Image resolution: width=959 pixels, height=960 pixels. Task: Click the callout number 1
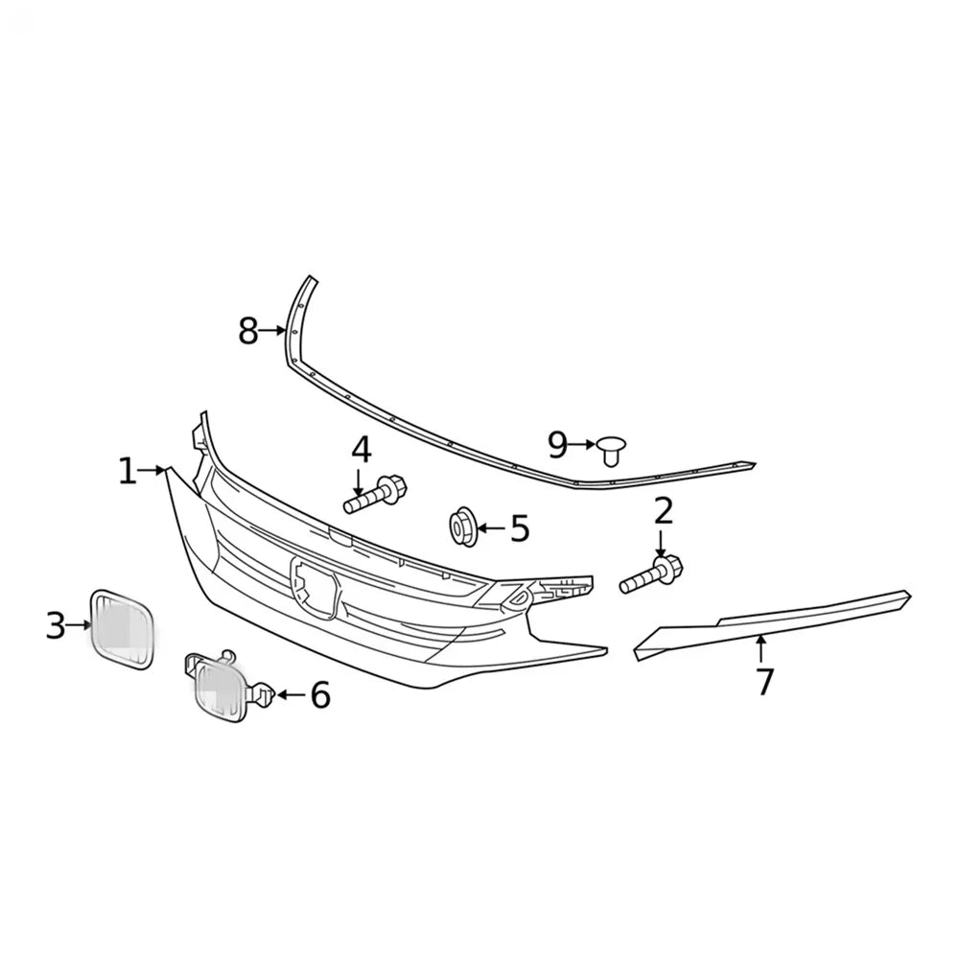coord(128,471)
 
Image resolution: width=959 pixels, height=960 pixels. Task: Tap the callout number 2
coord(664,511)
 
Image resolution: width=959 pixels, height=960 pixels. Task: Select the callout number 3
coord(56,625)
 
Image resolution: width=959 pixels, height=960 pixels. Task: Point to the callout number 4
coord(362,450)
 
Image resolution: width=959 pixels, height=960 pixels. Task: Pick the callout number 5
coord(520,528)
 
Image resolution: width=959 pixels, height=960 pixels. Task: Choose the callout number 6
coord(320,695)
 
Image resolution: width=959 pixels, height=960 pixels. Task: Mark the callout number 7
coord(763,682)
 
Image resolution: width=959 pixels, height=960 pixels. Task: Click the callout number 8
coord(248,331)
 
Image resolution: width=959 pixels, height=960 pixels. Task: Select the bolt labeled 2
coord(651,574)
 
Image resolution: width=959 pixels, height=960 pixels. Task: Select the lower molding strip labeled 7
coord(772,624)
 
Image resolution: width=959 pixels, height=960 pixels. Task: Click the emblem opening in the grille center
coord(315,588)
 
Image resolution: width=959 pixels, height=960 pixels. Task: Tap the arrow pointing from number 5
coord(492,527)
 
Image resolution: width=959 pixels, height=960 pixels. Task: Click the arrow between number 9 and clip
coord(582,444)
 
